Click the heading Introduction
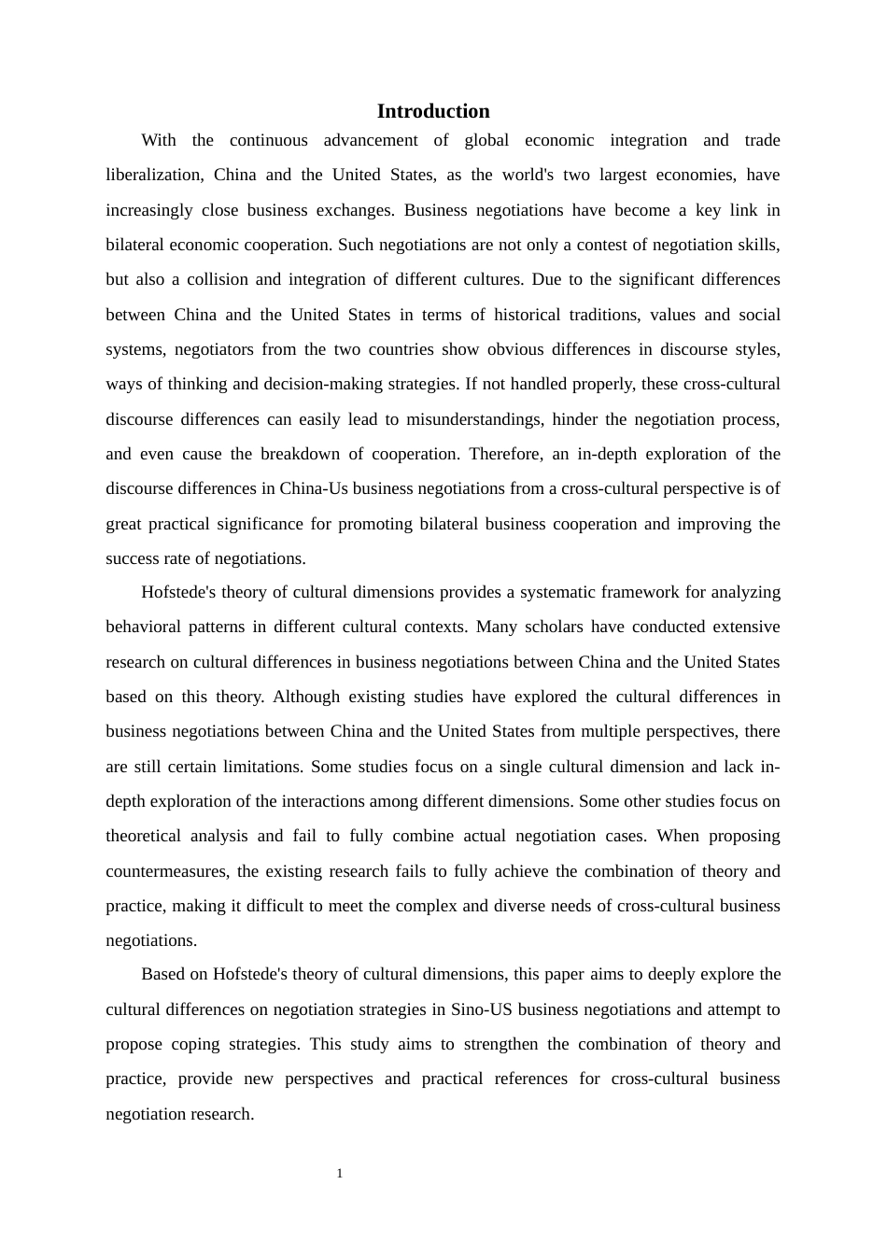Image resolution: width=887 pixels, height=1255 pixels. click(x=433, y=111)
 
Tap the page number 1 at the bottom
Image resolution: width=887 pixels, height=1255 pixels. click(x=340, y=1174)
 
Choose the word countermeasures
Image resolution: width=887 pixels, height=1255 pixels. click(x=166, y=871)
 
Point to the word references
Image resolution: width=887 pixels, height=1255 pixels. click(x=529, y=1079)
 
